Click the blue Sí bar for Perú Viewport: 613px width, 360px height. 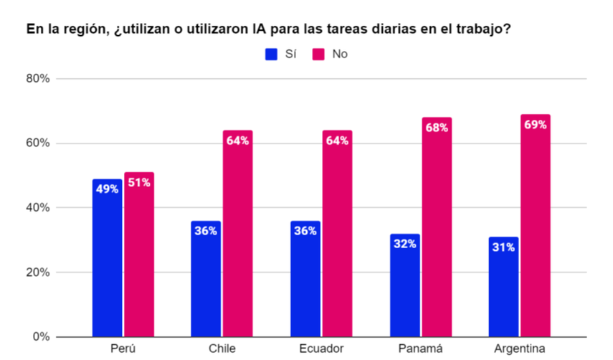pos(107,258)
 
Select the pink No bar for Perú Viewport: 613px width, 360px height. pos(138,255)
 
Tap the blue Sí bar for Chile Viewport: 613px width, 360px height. pos(206,279)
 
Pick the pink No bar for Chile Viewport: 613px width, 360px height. pos(237,234)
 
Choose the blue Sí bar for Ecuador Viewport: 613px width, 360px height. pos(305,279)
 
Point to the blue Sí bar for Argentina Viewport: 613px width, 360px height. pos(503,287)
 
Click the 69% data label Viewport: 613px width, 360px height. pos(536,125)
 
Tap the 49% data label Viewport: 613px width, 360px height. pos(107,190)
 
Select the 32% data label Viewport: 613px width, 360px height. pos(405,244)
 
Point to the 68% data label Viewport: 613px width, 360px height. pos(437,128)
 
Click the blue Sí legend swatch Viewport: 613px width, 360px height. pos(272,54)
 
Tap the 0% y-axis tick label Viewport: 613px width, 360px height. pos(42,337)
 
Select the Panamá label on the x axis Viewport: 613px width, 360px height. pos(420,349)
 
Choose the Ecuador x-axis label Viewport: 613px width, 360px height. pos(321,349)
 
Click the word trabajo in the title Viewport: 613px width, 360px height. pos(486,29)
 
